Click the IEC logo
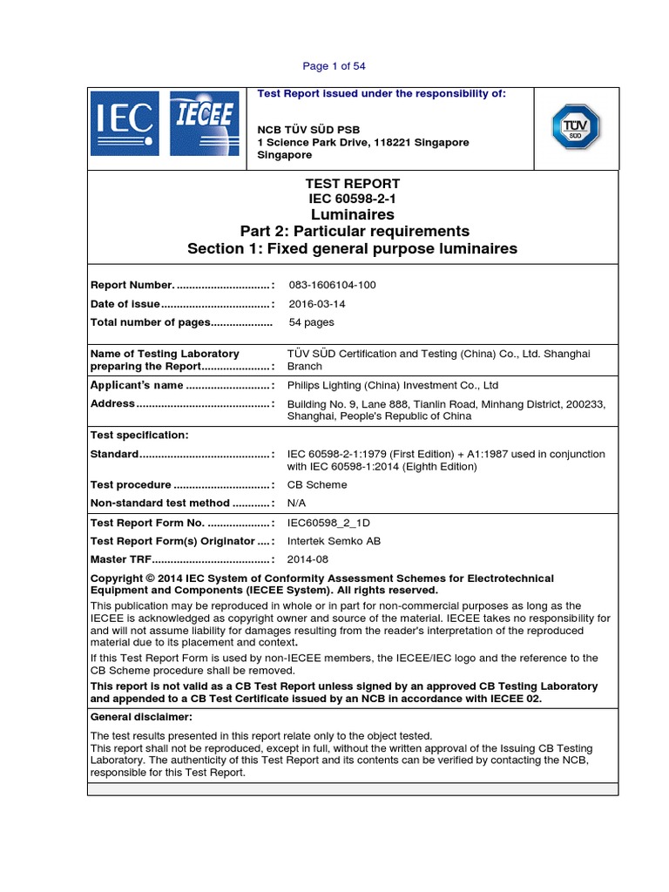click(126, 124)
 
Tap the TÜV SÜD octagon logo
click(575, 127)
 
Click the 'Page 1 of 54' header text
click(340, 66)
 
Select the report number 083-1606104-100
click(332, 285)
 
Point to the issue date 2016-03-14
click(316, 304)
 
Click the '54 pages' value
click(311, 322)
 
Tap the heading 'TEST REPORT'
click(352, 184)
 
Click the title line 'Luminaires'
click(352, 214)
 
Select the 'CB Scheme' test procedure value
click(317, 485)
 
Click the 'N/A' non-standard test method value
click(297, 503)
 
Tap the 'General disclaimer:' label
click(141, 717)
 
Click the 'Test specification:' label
click(139, 435)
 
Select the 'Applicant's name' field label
click(138, 385)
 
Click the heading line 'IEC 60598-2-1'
click(352, 199)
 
